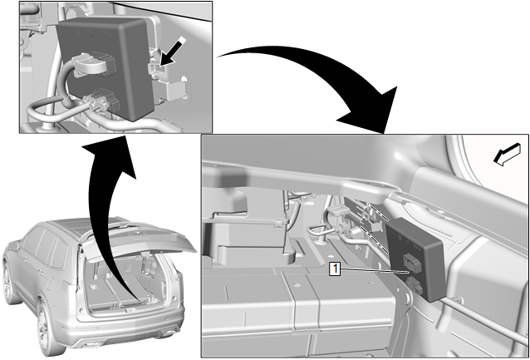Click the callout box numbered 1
335,269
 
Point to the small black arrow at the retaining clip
173,51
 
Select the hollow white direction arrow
507,155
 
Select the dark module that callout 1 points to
416,259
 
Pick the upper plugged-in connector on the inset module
92,64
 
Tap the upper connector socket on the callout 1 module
412,262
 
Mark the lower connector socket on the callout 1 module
415,285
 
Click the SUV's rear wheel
50,325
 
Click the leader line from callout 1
375,270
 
